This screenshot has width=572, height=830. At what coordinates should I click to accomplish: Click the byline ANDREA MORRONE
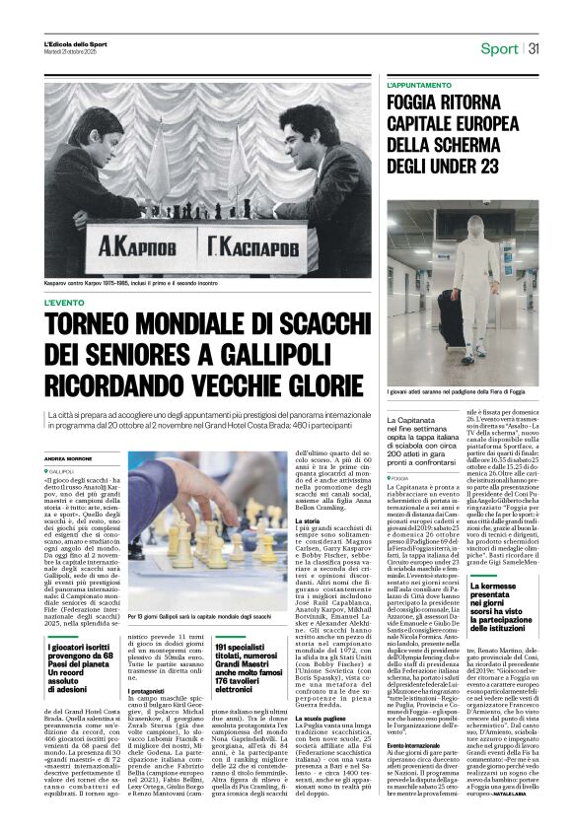click(x=67, y=458)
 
